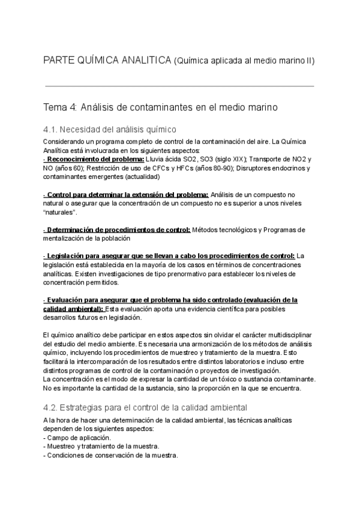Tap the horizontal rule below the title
180,86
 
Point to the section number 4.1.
52,129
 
